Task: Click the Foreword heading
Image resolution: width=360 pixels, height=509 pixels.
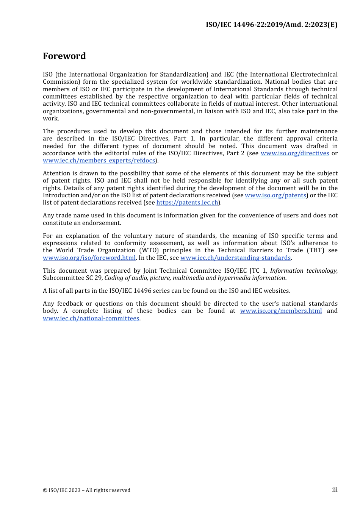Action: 64,56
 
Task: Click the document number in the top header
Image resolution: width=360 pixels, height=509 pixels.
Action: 271,25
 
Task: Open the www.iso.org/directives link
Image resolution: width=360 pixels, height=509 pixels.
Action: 295,153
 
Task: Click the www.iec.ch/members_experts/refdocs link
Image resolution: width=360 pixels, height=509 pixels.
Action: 99,161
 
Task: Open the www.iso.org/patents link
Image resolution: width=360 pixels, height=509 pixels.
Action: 275,195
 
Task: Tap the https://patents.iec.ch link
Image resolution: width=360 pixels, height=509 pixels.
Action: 188,203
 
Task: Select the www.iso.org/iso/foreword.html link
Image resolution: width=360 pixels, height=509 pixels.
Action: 89,258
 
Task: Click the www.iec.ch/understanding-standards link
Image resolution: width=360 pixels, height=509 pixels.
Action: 235,258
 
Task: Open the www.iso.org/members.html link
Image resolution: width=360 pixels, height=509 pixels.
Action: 281,311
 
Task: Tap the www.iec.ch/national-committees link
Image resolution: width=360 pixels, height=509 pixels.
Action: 91,319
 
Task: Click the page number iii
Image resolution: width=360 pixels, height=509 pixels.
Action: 335,490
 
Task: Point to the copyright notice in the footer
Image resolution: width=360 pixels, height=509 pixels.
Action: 86,490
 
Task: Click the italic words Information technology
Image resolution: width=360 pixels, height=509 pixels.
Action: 303,271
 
